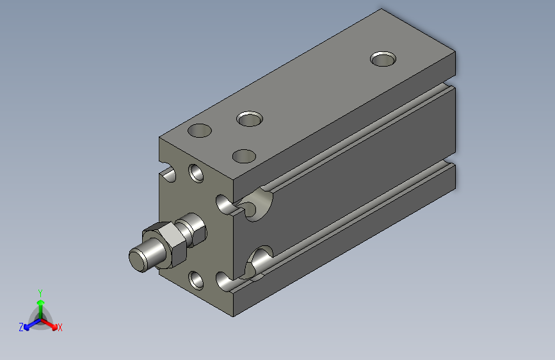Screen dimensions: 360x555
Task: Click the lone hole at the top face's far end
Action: (383, 59)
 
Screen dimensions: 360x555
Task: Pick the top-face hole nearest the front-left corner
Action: (200, 131)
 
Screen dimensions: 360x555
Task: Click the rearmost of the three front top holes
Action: (250, 119)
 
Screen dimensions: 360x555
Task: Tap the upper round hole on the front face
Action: (197, 173)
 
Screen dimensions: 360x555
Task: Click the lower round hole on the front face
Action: (197, 279)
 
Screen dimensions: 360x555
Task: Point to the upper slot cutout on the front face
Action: (225, 205)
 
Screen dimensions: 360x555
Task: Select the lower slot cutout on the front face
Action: (225, 280)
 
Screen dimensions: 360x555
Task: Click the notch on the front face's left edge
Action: (169, 174)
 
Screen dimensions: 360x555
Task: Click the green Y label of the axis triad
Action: (40, 291)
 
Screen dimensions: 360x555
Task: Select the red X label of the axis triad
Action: (60, 328)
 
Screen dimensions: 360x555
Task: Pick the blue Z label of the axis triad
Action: (21, 327)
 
